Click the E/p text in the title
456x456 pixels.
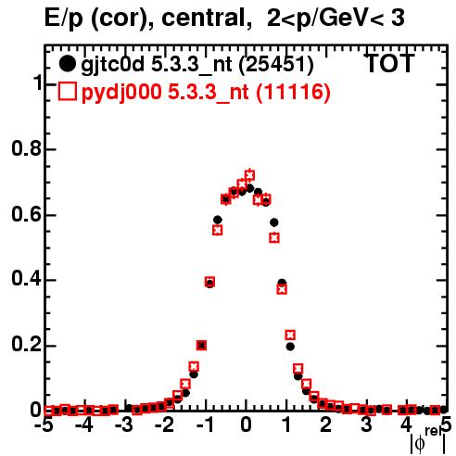pyautogui.click(x=64, y=19)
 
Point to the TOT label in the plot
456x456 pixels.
pyautogui.click(x=390, y=64)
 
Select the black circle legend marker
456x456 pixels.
pyautogui.click(x=67, y=64)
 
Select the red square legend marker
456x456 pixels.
pyautogui.click(x=67, y=92)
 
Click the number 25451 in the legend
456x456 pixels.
pyautogui.click(x=276, y=65)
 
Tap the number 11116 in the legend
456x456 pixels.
pyautogui.click(x=294, y=92)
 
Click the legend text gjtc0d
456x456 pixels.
pyautogui.click(x=113, y=66)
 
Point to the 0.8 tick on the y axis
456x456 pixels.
pyautogui.click(x=27, y=148)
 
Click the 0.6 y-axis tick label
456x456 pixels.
pyautogui.click(x=27, y=214)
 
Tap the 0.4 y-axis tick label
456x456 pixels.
pyautogui.click(x=27, y=279)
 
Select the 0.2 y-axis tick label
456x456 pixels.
pyautogui.click(x=27, y=345)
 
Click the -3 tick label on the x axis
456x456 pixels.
pyautogui.click(x=124, y=425)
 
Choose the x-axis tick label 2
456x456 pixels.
pyautogui.click(x=325, y=425)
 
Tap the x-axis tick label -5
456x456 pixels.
pyautogui.click(x=44, y=425)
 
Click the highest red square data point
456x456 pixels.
pyautogui.click(x=249, y=175)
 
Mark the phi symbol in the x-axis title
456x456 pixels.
pyautogui.click(x=420, y=444)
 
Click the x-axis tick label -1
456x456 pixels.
pyautogui.click(x=205, y=425)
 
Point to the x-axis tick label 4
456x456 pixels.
pyautogui.click(x=406, y=425)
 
